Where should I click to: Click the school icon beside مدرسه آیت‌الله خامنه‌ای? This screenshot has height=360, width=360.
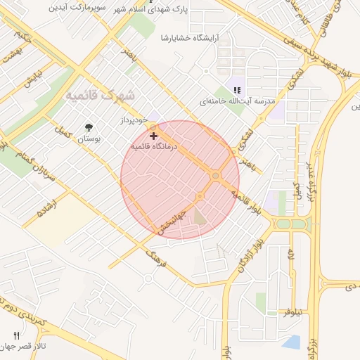(x=238, y=89)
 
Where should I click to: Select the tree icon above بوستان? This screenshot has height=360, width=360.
(x=89, y=127)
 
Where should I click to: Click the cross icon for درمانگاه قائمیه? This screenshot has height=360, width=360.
(x=154, y=135)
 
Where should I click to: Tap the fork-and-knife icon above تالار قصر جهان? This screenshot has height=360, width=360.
(x=16, y=335)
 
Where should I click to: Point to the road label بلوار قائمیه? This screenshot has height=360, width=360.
(x=250, y=201)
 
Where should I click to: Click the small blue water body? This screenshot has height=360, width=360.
(x=291, y=342)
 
